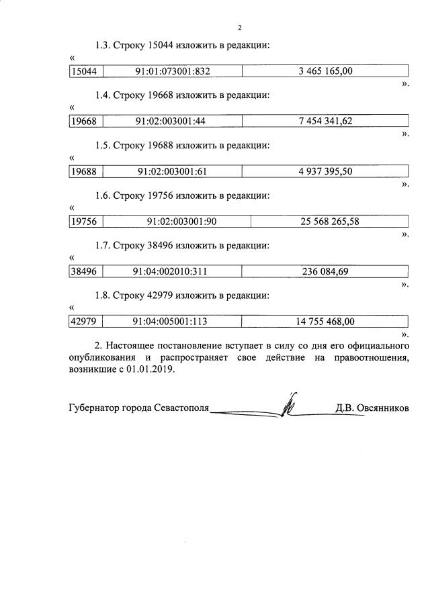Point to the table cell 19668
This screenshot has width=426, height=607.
click(84, 121)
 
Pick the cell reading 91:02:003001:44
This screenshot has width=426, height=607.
click(170, 121)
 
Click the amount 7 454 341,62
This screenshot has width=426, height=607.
click(325, 121)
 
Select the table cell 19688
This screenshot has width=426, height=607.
click(84, 171)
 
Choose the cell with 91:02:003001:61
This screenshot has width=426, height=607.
click(171, 171)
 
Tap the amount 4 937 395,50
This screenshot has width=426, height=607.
click(325, 171)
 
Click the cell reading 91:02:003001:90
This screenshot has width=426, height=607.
click(176, 222)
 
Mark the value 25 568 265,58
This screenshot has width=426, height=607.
click(330, 222)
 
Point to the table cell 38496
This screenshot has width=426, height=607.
click(84, 271)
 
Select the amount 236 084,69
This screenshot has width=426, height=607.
click(325, 271)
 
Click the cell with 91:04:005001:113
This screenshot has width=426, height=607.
click(171, 322)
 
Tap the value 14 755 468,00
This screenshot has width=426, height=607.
click(325, 322)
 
